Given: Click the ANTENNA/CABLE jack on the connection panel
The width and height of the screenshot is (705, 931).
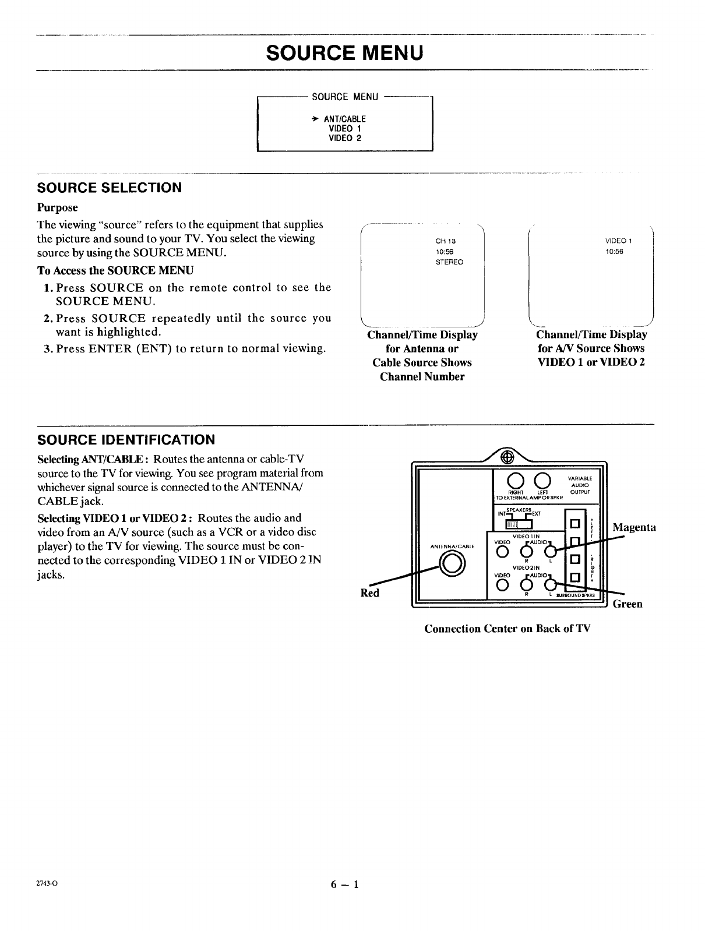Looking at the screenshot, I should coord(452,562).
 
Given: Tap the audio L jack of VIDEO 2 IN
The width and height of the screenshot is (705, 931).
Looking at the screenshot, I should coord(550,584).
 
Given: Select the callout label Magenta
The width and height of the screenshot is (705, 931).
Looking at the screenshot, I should coord(634,527).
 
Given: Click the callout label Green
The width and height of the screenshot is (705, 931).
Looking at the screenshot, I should coord(627,604).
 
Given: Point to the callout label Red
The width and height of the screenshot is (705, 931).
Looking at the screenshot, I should coord(370,593).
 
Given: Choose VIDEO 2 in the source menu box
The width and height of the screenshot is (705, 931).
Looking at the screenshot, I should coord(345,138).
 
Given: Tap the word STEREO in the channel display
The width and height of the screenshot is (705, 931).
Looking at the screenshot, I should coord(449,262).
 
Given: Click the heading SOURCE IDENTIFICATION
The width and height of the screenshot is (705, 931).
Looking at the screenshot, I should coord(126,439).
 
